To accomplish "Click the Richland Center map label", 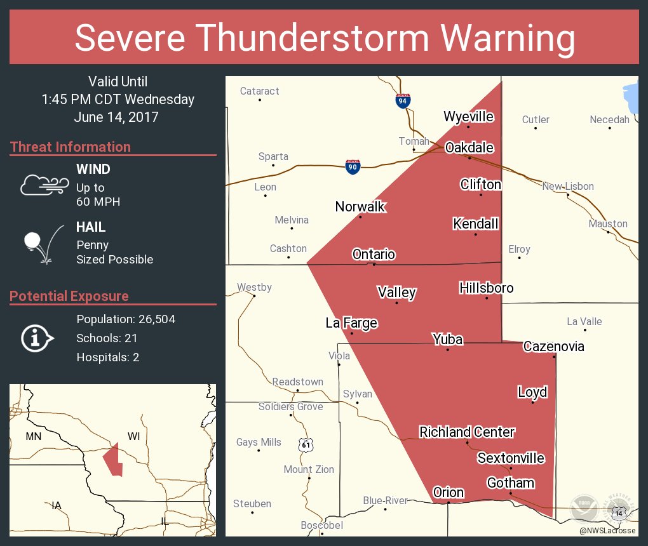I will pyautogui.click(x=467, y=432).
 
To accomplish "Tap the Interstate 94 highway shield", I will pyautogui.click(x=403, y=100).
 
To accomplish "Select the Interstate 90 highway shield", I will pyautogui.click(x=353, y=166).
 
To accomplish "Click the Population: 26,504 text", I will pyautogui.click(x=126, y=319).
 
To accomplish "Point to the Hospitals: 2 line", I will pyautogui.click(x=108, y=357).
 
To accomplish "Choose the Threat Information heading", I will pyautogui.click(x=71, y=147).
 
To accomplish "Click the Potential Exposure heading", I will pyautogui.click(x=69, y=296).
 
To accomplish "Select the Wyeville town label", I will pyautogui.click(x=468, y=116).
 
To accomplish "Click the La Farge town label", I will pyautogui.click(x=351, y=323).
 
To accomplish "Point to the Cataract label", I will pyautogui.click(x=259, y=91).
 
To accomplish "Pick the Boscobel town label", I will pyautogui.click(x=321, y=525).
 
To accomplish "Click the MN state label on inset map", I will pyautogui.click(x=33, y=436).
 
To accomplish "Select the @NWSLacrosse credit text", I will pyautogui.click(x=607, y=530).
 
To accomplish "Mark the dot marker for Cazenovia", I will pyautogui.click(x=554, y=356).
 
